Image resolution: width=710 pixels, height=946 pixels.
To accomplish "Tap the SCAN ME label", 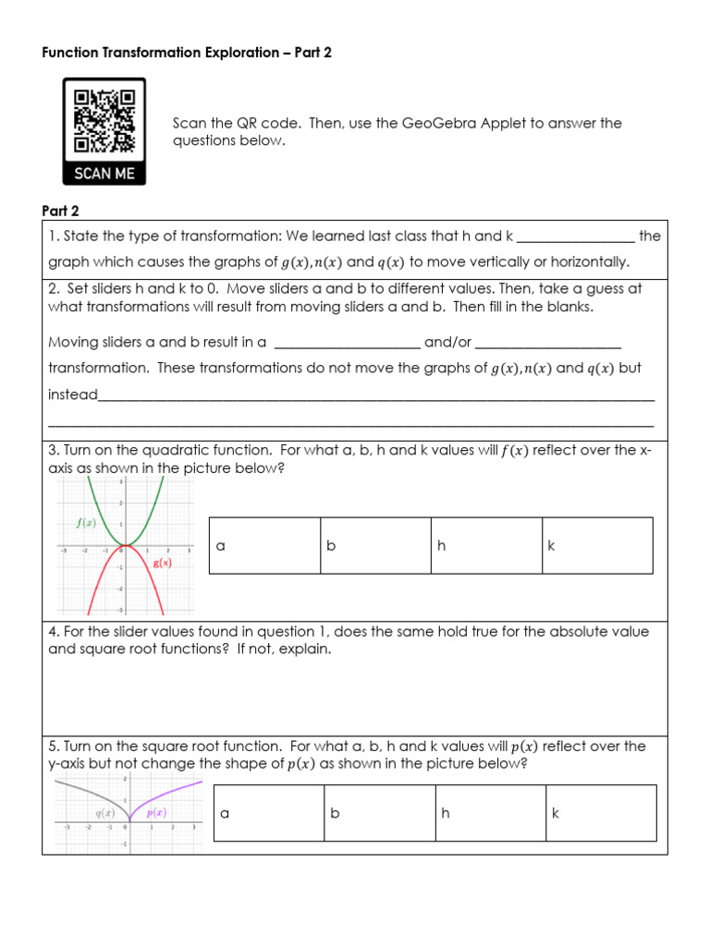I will tap(104, 173).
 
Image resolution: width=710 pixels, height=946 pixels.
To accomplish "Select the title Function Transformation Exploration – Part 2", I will tap(187, 53).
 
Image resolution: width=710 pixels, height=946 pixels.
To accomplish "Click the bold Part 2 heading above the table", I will tap(61, 211).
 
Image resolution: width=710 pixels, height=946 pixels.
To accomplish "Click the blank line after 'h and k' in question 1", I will tap(576, 236).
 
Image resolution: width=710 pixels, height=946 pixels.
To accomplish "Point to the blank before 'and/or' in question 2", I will tap(347, 343).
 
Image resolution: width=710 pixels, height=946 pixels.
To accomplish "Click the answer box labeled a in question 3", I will tap(264, 546).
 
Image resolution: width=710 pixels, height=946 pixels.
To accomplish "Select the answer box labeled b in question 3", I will tap(375, 546).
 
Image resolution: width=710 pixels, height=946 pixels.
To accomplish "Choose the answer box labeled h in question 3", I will tap(486, 546).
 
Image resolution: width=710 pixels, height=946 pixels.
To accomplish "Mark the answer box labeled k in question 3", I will tap(597, 546).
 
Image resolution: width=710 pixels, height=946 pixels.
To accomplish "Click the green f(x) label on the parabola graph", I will tap(86, 522).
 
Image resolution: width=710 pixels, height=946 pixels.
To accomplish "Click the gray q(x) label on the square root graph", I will tap(104, 813).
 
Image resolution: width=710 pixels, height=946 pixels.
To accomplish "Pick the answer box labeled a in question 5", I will tap(268, 813).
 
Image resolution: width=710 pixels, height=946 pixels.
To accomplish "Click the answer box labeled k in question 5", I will tap(601, 813).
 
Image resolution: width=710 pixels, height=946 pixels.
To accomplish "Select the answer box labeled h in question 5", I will tap(490, 813).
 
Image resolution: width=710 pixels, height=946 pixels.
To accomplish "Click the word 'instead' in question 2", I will tap(72, 394).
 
